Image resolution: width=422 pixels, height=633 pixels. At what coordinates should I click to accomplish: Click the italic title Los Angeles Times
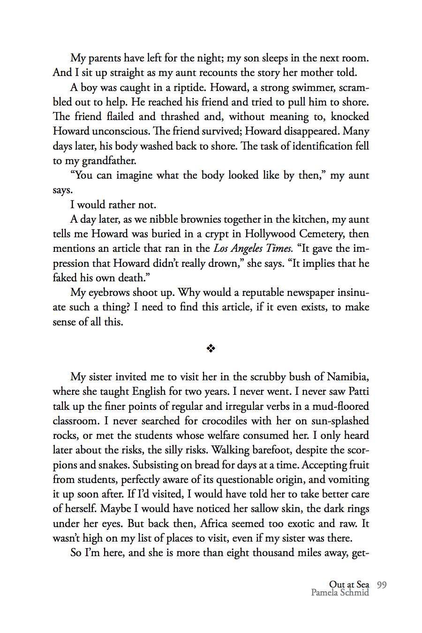point(253,249)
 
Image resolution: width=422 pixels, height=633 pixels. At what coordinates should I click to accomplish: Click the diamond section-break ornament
point(211,348)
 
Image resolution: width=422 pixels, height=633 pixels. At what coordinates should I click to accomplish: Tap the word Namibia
point(347,377)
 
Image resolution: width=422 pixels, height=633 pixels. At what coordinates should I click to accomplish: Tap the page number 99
point(382,585)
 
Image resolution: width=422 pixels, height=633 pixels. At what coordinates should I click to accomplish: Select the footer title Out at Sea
point(349,584)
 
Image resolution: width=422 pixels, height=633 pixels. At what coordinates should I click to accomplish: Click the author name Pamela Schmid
point(340,593)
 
